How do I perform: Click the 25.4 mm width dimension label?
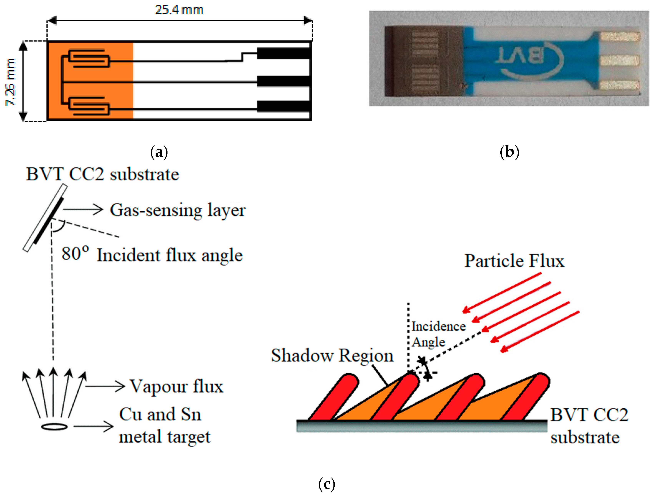point(179,10)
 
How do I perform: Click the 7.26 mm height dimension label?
point(10,82)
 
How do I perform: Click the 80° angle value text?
point(75,254)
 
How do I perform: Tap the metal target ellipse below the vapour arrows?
point(54,427)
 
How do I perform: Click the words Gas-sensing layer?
point(178,210)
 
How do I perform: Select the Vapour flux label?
point(177,386)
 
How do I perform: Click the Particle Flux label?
point(514,261)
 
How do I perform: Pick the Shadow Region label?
point(332,355)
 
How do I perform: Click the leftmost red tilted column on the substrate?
point(333,397)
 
